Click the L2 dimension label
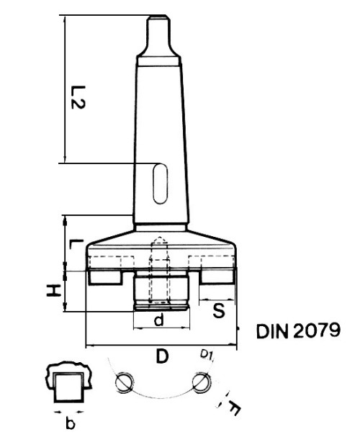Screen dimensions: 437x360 (x=79, y=97)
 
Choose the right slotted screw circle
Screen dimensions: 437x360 (x=202, y=382)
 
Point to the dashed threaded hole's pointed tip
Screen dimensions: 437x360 (x=159, y=242)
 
